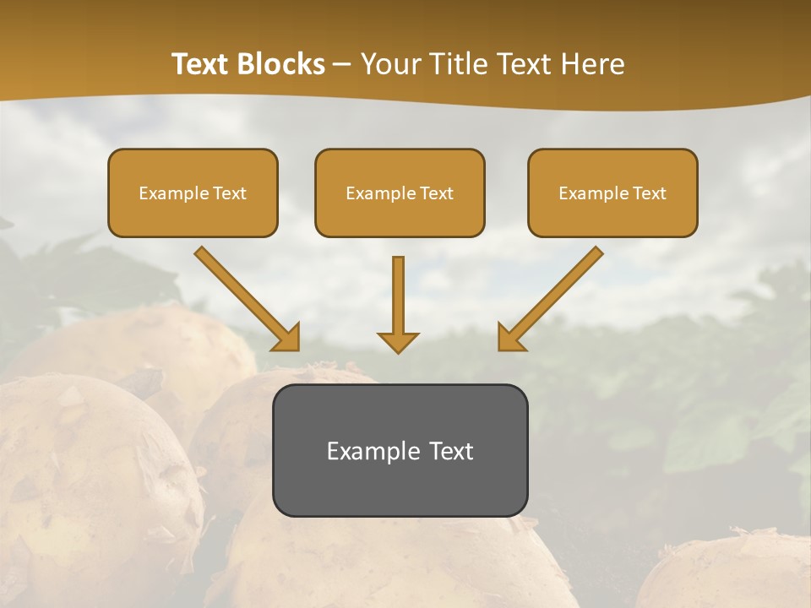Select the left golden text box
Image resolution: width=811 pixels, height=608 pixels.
tap(193, 193)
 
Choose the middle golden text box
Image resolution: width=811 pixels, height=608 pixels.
tap(400, 193)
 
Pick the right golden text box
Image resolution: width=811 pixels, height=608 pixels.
tap(612, 193)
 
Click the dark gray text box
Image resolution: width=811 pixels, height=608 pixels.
tap(400, 450)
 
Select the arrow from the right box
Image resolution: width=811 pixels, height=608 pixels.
tap(551, 298)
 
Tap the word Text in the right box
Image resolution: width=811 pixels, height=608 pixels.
tap(650, 193)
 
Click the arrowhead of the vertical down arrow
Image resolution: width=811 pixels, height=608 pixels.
tap(398, 341)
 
